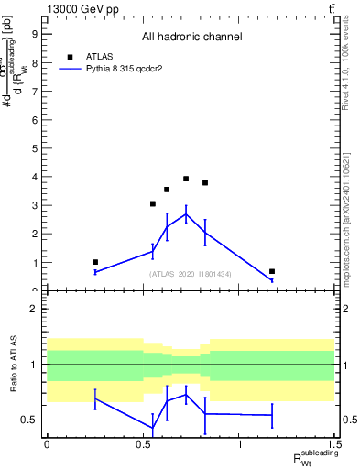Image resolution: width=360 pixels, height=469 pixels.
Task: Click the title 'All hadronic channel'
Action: (x=191, y=37)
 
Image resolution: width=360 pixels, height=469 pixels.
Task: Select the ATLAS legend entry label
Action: (x=99, y=56)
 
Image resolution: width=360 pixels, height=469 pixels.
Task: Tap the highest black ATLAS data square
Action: (x=186, y=179)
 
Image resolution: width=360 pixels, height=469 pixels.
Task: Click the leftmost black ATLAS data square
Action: (x=94, y=262)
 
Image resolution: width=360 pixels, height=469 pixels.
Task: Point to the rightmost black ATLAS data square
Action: (x=272, y=271)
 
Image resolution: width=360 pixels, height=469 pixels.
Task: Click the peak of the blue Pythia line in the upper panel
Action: (x=186, y=214)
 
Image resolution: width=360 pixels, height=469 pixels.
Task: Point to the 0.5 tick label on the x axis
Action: (x=143, y=444)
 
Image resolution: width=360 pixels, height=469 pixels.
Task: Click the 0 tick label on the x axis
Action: (x=47, y=444)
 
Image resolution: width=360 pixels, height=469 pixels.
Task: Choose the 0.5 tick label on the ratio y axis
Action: (x=29, y=420)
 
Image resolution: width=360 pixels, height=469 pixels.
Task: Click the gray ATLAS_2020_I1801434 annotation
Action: (x=191, y=274)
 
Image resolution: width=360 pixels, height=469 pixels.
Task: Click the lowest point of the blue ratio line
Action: (x=153, y=428)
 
